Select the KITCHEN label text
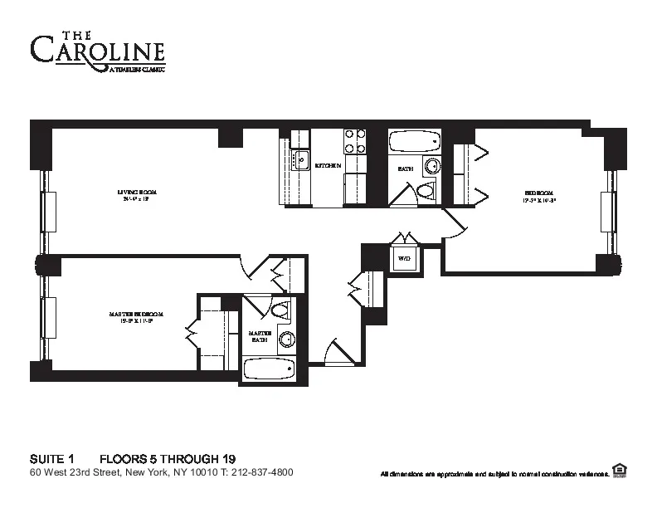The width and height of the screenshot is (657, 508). pos(328,166)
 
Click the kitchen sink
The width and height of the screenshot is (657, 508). pos(300,159)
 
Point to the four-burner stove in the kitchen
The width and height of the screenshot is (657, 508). pos(355,141)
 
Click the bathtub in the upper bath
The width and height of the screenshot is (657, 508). pos(415,141)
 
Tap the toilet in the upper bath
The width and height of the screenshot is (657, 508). pos(426,193)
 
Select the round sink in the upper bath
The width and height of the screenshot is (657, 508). pos(431,167)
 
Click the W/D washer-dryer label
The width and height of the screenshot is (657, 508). pos(405,259)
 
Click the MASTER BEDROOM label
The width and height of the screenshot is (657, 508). pos(136,317)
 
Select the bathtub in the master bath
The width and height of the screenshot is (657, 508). pos(268,368)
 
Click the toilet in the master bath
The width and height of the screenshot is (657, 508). pos(280,311)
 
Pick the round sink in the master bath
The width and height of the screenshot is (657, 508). pos(287,339)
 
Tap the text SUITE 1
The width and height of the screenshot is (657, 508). pos(52,458)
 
